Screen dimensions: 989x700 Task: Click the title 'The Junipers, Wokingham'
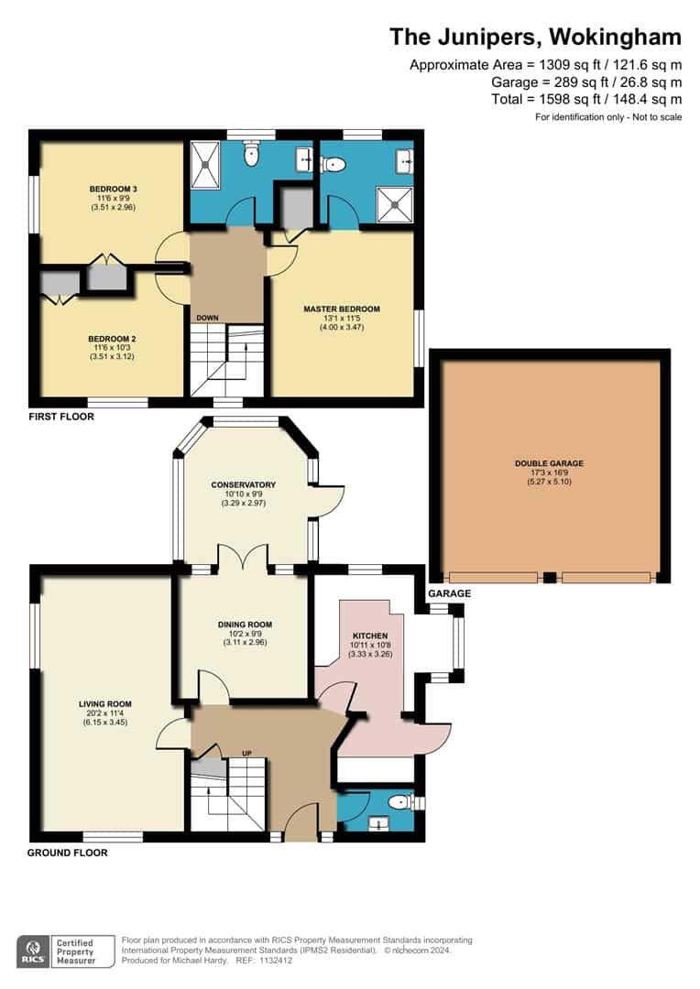click(x=535, y=37)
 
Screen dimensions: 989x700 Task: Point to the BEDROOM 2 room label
click(x=114, y=338)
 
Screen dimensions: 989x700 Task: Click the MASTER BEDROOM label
click(x=342, y=309)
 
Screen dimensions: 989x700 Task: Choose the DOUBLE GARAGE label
click(x=549, y=463)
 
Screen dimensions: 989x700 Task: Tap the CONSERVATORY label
click(x=243, y=484)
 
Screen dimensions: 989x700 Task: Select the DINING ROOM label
click(x=245, y=625)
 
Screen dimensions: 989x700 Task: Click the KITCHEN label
click(x=371, y=635)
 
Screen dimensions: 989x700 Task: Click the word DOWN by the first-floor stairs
click(x=206, y=318)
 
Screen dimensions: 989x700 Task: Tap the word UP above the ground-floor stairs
click(x=246, y=753)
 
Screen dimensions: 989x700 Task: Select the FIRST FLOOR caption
click(x=61, y=417)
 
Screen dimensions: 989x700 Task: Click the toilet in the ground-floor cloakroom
click(x=400, y=803)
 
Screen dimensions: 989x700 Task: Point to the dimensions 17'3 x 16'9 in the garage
click(x=549, y=473)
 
